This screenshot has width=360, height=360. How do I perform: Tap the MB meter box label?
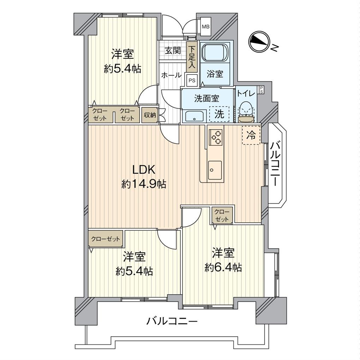(x=205, y=26)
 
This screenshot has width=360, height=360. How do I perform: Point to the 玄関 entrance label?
(x=173, y=51)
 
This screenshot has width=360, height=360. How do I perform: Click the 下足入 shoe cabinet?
(x=192, y=56)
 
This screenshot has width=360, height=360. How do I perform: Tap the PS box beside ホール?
(x=192, y=80)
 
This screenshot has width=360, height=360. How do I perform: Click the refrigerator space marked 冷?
(x=251, y=135)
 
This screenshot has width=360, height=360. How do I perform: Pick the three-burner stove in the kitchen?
(x=215, y=137)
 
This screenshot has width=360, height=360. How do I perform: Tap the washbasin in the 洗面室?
(x=194, y=116)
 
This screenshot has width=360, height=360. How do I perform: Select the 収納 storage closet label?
(x=150, y=115)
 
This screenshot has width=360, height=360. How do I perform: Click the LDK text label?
(x=144, y=170)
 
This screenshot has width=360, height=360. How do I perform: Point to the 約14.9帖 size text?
(x=144, y=184)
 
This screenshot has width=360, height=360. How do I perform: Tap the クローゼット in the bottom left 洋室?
(x=106, y=239)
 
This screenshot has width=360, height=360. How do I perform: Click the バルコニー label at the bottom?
(x=172, y=322)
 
